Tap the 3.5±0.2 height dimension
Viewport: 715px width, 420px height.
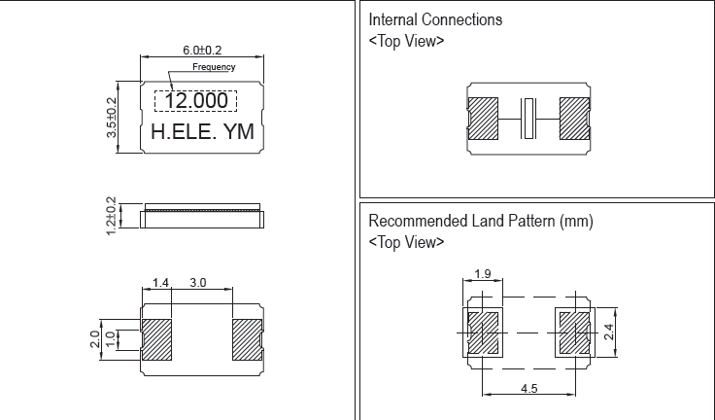pyautogui.click(x=111, y=119)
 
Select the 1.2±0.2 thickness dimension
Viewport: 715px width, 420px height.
pyautogui.click(x=111, y=215)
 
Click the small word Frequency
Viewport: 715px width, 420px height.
pyautogui.click(x=214, y=67)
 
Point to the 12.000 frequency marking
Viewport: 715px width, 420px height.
pyautogui.click(x=196, y=101)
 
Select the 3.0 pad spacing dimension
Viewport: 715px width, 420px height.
pyautogui.click(x=198, y=282)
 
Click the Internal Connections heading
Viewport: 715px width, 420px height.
pyautogui.click(x=436, y=19)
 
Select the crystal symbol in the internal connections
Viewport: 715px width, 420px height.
pyautogui.click(x=528, y=118)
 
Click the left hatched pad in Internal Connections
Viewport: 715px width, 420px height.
pyautogui.click(x=483, y=118)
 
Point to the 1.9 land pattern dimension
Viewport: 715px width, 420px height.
pyautogui.click(x=484, y=274)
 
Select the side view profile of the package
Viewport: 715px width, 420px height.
pyautogui.click(x=202, y=215)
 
